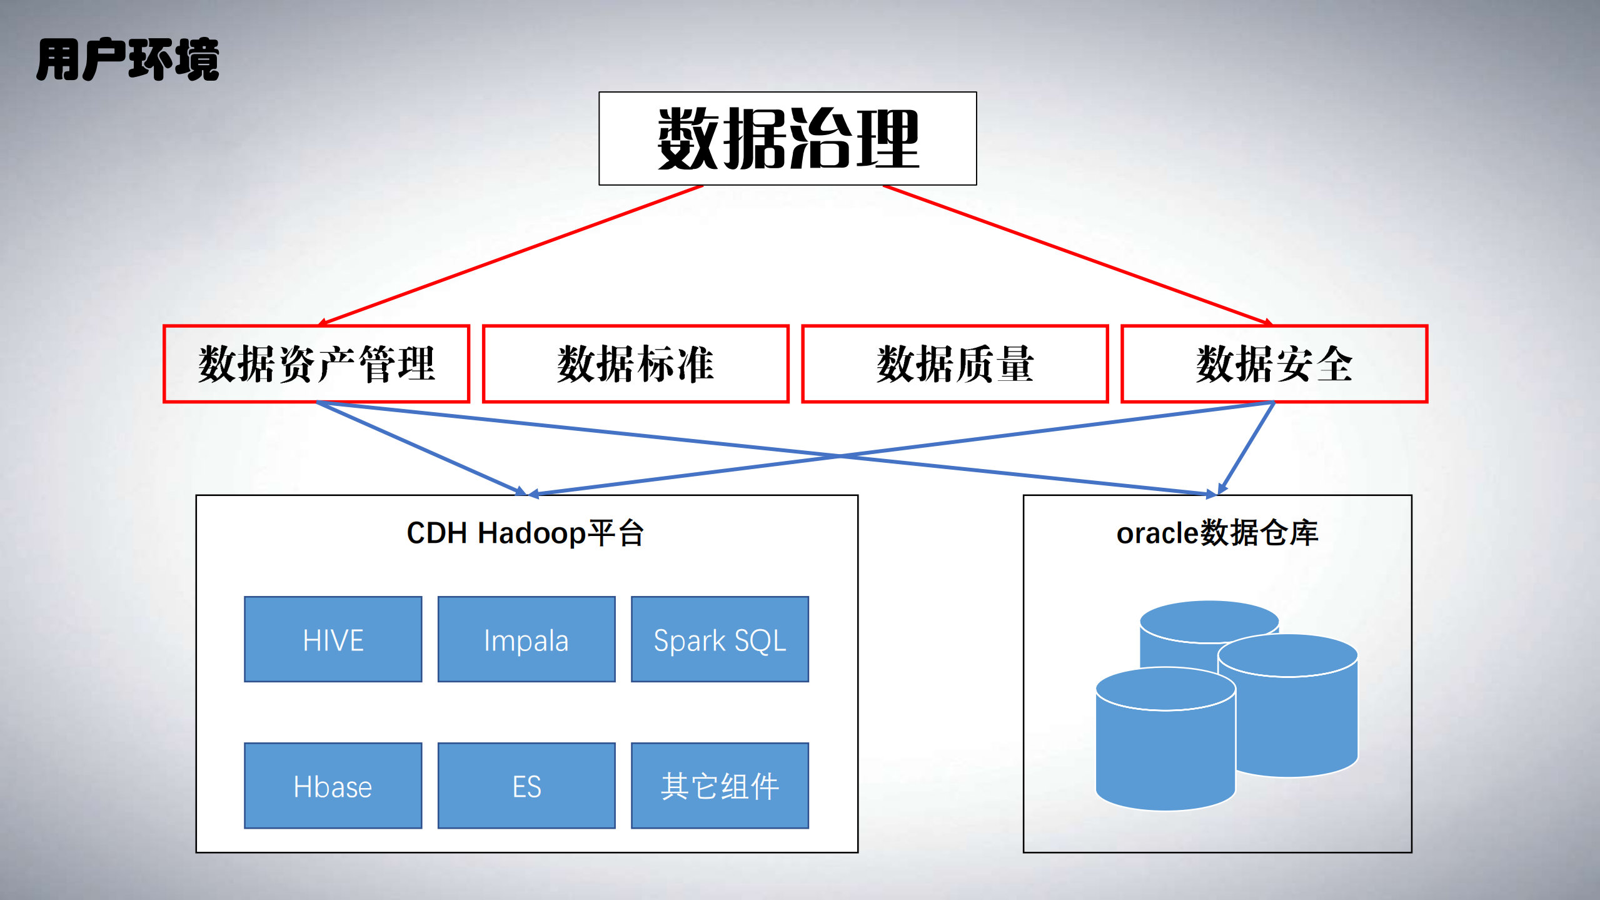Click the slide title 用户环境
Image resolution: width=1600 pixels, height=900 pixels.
[128, 59]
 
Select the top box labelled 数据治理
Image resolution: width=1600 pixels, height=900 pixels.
[787, 138]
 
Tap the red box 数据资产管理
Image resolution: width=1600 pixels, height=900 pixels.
[316, 364]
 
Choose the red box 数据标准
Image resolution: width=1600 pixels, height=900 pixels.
[635, 364]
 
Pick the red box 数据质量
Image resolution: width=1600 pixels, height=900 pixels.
[955, 364]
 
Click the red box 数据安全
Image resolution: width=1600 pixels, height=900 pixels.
[1274, 364]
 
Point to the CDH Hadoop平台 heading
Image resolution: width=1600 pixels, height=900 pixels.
[525, 533]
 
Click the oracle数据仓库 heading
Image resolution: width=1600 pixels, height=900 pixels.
[1217, 533]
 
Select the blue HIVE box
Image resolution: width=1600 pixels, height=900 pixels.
[333, 639]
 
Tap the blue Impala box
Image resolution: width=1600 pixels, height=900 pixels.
[526, 639]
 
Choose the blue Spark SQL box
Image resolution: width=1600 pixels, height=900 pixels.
[720, 639]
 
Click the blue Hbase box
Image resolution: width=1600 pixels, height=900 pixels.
[333, 786]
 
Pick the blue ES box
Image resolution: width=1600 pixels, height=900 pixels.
[526, 786]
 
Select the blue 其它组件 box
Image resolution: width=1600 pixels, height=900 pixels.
[720, 786]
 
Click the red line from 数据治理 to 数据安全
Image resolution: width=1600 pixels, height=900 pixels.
[1075, 254]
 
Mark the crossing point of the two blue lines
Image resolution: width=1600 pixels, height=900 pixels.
[840, 457]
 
